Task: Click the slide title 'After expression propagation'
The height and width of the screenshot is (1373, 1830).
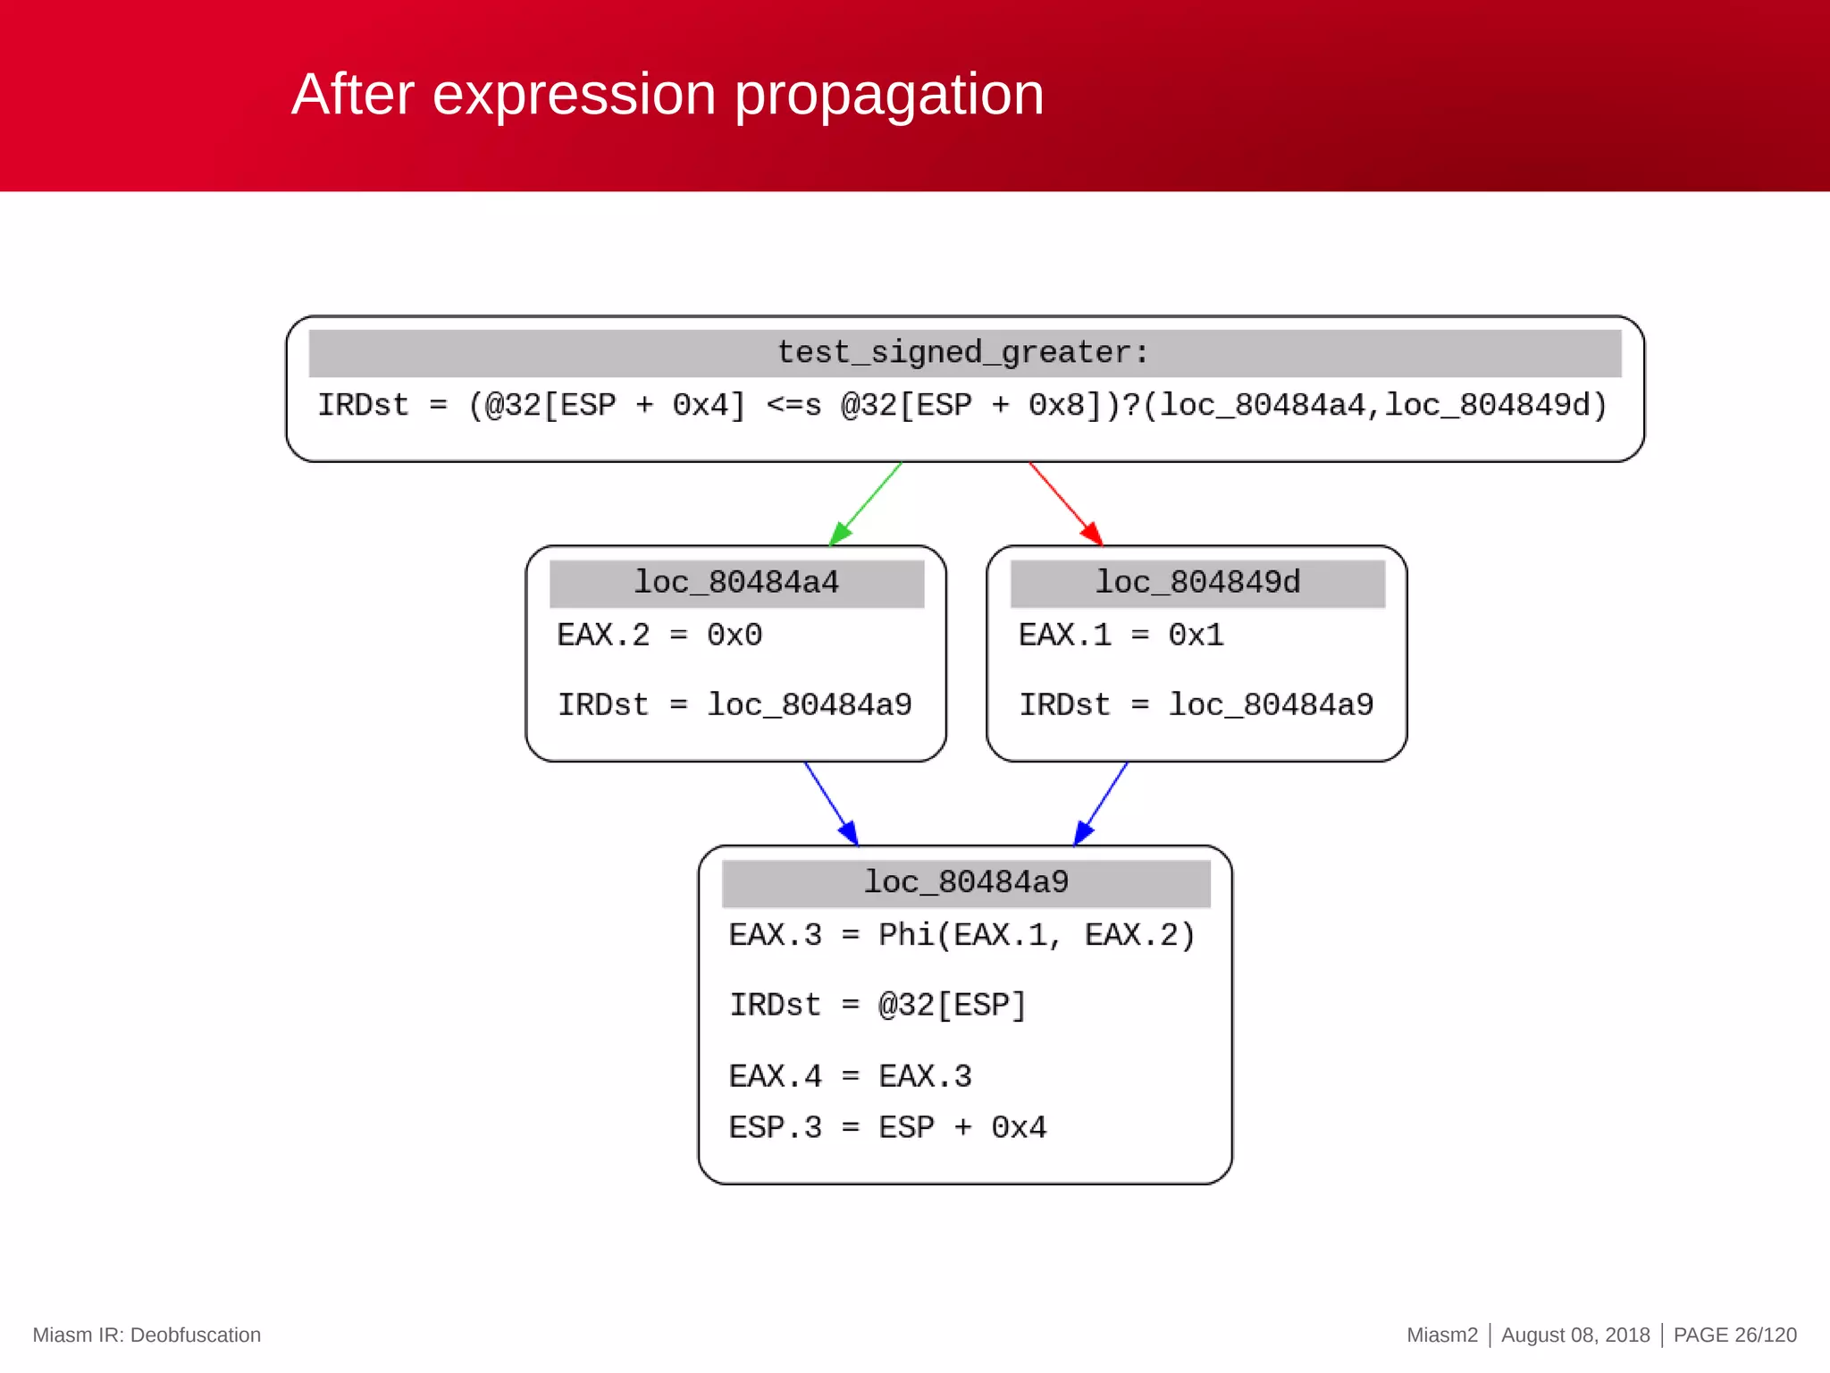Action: (x=667, y=95)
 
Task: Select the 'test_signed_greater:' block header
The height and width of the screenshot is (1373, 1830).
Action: (x=964, y=352)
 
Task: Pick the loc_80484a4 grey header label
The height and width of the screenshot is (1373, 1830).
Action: (x=736, y=583)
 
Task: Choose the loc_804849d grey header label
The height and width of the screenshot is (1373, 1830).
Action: (x=1197, y=583)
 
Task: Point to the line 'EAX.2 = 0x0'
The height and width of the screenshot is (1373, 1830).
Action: (x=659, y=635)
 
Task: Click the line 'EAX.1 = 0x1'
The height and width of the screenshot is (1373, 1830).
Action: (x=1121, y=635)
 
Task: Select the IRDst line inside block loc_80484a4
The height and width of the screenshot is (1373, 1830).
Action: (x=735, y=704)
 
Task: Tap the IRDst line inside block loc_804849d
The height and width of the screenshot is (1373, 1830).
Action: (x=1196, y=704)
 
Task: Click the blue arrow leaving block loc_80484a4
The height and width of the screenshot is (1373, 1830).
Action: (x=831, y=803)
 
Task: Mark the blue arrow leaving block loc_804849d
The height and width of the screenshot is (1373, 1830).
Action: (x=1101, y=803)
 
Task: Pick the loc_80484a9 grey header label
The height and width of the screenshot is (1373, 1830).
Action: (x=966, y=882)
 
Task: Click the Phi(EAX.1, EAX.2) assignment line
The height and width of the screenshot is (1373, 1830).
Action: (x=961, y=935)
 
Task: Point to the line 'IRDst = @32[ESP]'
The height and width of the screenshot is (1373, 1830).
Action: (x=877, y=1005)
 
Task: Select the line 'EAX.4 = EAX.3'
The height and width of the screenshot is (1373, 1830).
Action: (x=850, y=1075)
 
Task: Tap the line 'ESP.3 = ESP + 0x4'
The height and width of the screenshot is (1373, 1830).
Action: (x=887, y=1127)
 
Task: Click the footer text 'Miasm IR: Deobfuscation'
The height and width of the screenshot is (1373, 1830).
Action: (x=147, y=1335)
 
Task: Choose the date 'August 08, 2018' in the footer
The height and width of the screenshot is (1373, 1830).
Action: (x=1574, y=1335)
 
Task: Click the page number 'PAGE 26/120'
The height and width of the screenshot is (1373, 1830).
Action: (x=1734, y=1335)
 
